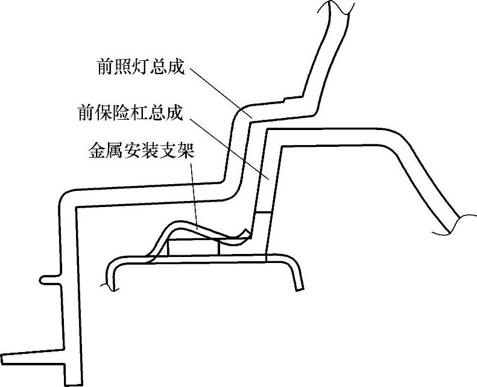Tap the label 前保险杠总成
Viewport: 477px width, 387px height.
tap(130, 113)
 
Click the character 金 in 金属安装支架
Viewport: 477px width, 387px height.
tap(97, 151)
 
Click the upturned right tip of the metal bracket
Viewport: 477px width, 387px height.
tap(246, 232)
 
